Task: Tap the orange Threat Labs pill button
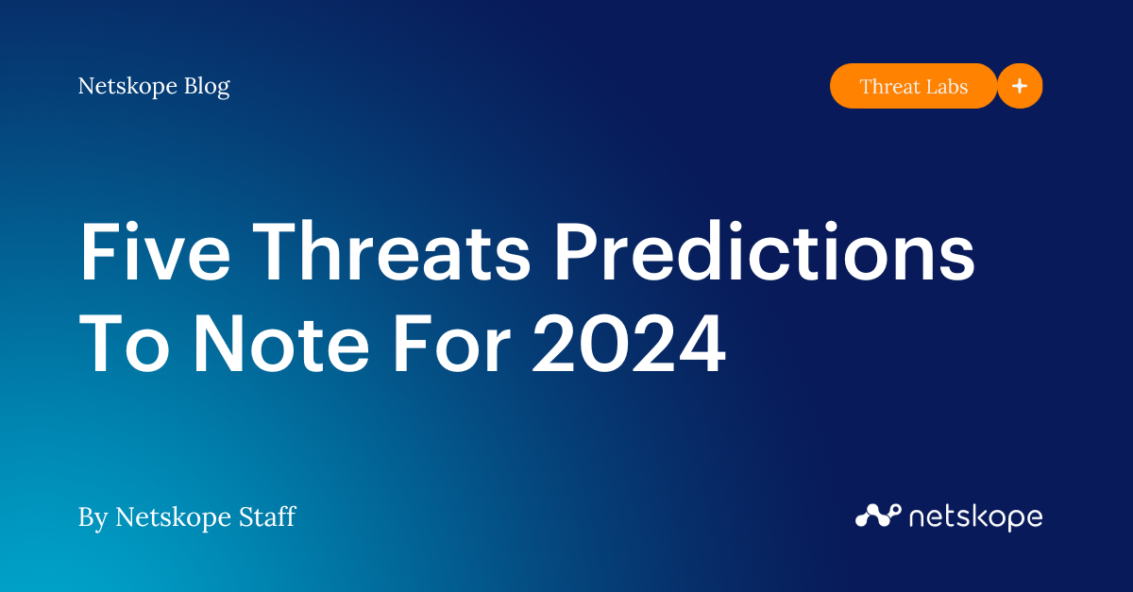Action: coord(913,86)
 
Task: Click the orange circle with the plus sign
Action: coord(1020,86)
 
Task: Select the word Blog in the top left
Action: coord(203,86)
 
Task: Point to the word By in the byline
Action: coord(93,517)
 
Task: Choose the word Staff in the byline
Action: coord(268,516)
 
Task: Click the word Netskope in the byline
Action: coord(176,516)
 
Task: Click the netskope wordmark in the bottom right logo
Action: coord(975,516)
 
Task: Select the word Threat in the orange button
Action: coord(889,86)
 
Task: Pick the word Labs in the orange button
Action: coord(947,86)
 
